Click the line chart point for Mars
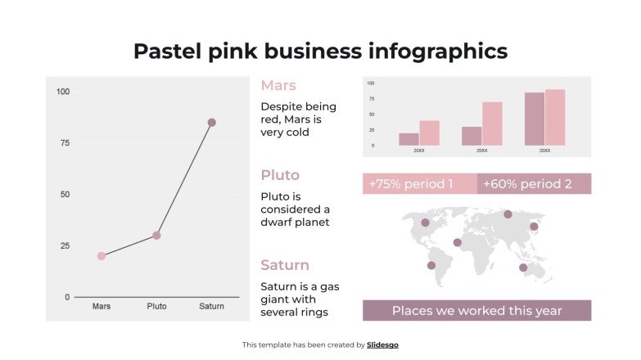102,256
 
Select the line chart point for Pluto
156,236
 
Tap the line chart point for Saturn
211,123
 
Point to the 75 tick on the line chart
63,143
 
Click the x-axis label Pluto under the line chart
156,307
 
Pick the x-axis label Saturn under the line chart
211,307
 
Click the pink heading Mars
278,85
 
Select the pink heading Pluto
280,175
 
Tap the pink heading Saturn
285,265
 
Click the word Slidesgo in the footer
382,345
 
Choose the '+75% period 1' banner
419,184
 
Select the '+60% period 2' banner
534,184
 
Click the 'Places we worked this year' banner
476,311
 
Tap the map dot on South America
431,265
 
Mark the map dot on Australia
523,268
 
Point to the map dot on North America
425,223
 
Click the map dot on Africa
457,242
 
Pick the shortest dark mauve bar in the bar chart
409,139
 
